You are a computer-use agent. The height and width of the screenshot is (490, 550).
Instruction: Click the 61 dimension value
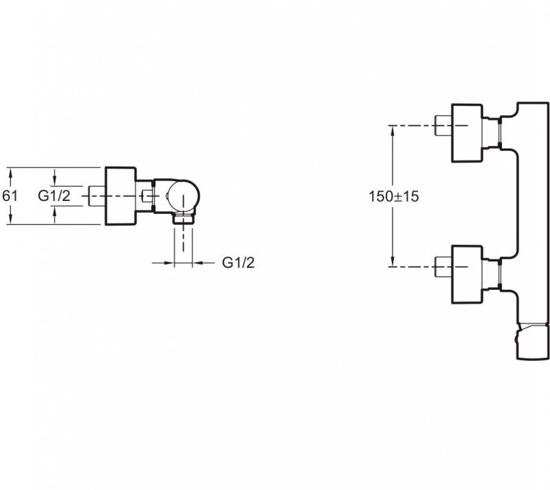tap(10, 195)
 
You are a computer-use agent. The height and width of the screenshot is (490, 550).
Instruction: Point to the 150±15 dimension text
tap(394, 195)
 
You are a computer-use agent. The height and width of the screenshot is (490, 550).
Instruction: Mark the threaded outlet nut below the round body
tap(182, 220)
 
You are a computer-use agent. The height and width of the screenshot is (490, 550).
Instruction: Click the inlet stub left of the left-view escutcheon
tap(97, 195)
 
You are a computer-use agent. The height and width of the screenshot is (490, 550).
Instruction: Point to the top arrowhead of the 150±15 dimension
tap(393, 129)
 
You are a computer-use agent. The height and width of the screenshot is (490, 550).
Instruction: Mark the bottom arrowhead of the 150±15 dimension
tap(393, 261)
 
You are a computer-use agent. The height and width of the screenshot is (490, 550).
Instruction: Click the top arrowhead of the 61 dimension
tap(10, 171)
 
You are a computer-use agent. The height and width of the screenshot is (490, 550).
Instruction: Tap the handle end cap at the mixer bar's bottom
tap(533, 341)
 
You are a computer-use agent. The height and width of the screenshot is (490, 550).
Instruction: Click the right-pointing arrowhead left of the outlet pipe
tap(169, 262)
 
